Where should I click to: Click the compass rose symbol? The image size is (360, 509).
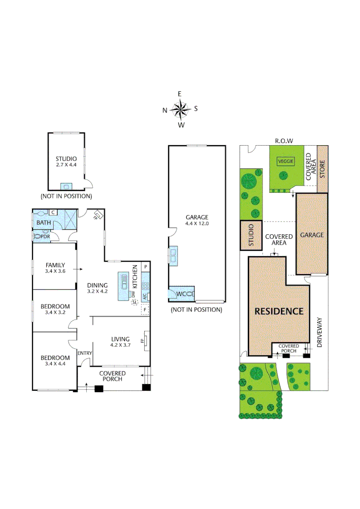click(x=180, y=110)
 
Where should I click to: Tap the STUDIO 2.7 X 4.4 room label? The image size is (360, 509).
click(x=66, y=162)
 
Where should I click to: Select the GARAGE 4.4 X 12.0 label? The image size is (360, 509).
click(x=196, y=221)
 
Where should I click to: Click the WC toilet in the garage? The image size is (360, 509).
click(x=187, y=294)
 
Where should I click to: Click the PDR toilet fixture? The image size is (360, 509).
click(x=38, y=236)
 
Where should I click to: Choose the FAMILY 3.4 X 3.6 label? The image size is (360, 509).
click(x=55, y=268)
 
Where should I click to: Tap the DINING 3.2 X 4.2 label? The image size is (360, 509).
click(x=98, y=288)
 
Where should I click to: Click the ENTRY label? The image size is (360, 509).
click(x=85, y=353)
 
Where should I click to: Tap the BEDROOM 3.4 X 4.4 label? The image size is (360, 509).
click(x=55, y=361)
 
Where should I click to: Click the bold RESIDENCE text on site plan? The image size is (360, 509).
click(x=279, y=311)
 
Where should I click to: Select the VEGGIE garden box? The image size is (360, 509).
click(x=286, y=161)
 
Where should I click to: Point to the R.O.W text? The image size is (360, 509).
click(x=284, y=140)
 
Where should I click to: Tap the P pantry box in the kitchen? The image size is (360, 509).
click(x=146, y=267)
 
